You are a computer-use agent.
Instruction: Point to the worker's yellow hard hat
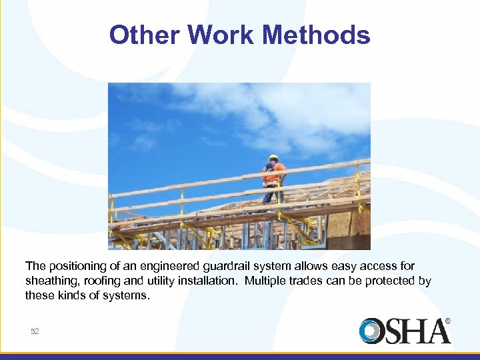pos(273,158)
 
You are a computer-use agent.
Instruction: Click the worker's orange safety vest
pos(273,174)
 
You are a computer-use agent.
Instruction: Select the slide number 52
pos(35,331)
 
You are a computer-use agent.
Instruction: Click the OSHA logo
pos(404,331)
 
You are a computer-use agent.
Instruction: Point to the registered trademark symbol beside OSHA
pos(447,321)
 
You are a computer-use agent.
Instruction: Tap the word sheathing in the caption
pos(49,281)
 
